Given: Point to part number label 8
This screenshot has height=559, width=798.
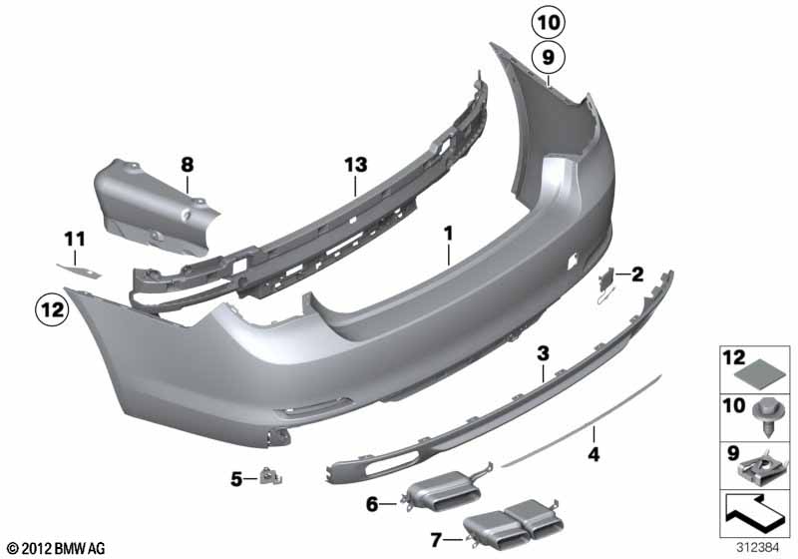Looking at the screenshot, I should pos(187,162).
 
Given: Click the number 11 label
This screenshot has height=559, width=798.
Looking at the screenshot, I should pos(76,239).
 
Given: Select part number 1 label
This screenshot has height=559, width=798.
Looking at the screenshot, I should pos(449,233).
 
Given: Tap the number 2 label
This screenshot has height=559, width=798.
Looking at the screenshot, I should pos(637,274).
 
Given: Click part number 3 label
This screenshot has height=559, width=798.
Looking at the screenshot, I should pos(543,353).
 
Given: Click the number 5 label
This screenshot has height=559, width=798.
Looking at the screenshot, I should pos(236,479).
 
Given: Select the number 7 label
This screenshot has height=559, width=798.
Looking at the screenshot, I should pos(437,540).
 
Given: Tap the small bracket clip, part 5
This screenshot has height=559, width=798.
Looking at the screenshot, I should pos(268,477).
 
